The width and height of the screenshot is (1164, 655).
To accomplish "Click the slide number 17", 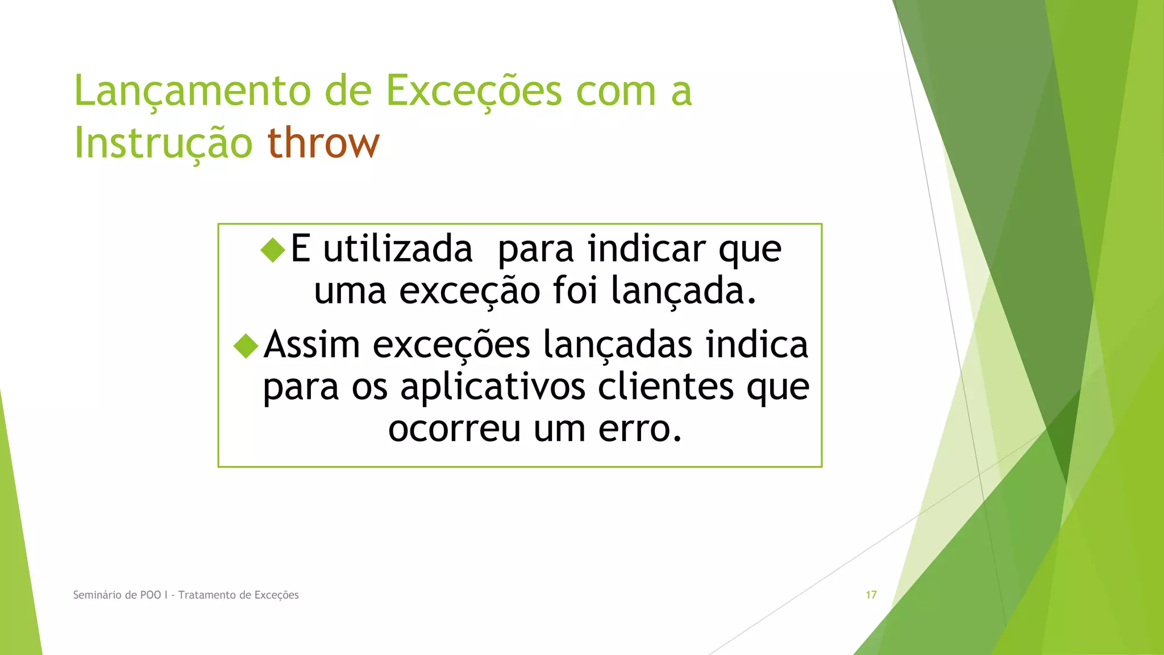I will tap(871, 595).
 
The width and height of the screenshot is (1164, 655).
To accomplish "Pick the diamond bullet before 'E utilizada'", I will tap(273, 250).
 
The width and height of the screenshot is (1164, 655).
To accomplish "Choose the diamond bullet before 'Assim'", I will tap(246, 346).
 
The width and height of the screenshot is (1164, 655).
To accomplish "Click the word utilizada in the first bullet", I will tap(398, 249).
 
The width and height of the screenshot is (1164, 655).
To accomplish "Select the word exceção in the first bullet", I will tap(469, 291).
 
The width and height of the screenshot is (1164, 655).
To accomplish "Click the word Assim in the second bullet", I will tap(312, 345).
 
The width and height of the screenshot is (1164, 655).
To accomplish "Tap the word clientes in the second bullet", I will tap(666, 387).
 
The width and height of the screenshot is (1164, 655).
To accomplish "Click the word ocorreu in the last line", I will tap(454, 429).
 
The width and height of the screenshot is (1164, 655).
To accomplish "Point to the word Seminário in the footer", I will tap(97, 595).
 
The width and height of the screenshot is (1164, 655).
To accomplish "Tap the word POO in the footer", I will tap(151, 595).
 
